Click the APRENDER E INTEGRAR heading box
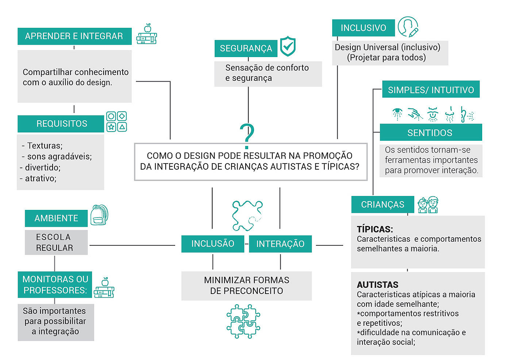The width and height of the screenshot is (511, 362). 74,36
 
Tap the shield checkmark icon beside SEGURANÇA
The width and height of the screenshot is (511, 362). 288,46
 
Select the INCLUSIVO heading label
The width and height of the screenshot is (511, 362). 363,28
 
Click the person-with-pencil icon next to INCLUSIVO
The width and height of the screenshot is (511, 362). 408,27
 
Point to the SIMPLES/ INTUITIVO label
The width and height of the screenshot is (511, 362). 431,90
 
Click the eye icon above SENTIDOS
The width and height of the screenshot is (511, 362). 397,114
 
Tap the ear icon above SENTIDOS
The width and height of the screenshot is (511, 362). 466,114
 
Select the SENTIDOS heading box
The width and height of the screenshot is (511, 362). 431,132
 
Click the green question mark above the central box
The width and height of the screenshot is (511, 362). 247,136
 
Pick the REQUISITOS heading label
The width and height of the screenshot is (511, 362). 61,124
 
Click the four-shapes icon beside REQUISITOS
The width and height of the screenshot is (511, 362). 116,121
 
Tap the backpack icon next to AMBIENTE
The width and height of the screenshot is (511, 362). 99,215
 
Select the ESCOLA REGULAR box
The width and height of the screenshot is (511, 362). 56,242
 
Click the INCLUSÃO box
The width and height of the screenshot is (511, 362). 212,244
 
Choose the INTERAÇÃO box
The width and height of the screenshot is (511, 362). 280,244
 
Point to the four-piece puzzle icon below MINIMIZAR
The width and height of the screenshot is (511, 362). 243,321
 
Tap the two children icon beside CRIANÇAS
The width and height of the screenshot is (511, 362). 428,205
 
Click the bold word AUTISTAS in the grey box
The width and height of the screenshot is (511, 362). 377,284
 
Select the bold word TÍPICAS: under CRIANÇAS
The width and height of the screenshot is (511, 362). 375,229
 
